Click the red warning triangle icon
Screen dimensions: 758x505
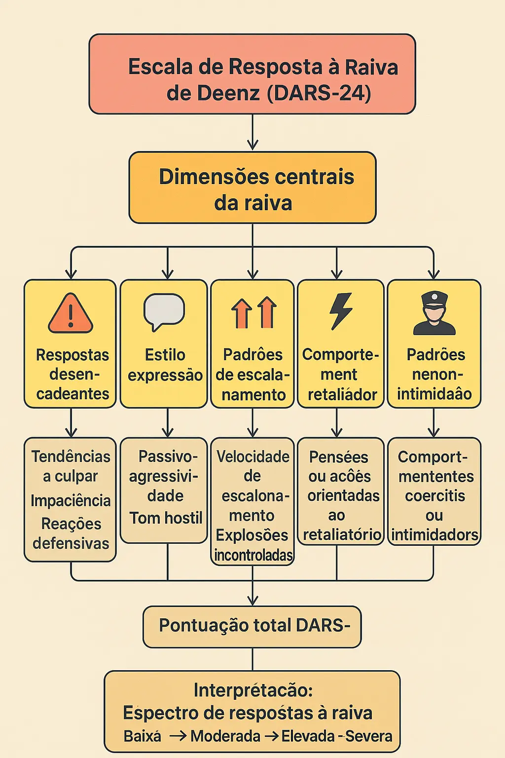click(x=71, y=314)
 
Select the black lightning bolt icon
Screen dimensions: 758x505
click(x=341, y=311)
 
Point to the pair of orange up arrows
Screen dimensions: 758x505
click(x=254, y=313)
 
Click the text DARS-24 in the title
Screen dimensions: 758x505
click(x=319, y=93)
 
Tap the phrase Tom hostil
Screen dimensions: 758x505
click(x=166, y=518)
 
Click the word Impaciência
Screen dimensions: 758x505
click(x=71, y=500)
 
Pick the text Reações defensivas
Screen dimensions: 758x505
click(x=71, y=533)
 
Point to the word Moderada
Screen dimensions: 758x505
click(x=225, y=736)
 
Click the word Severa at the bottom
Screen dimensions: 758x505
click(x=368, y=736)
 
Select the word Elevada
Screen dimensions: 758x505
click(x=308, y=736)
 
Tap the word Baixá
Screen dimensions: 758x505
click(x=142, y=736)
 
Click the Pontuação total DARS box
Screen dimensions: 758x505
click(x=252, y=626)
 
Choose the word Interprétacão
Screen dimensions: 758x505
click(x=253, y=690)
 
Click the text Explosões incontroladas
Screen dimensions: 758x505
click(x=253, y=545)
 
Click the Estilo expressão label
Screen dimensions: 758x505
click(x=165, y=365)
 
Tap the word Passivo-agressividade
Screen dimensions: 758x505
click(x=165, y=476)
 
